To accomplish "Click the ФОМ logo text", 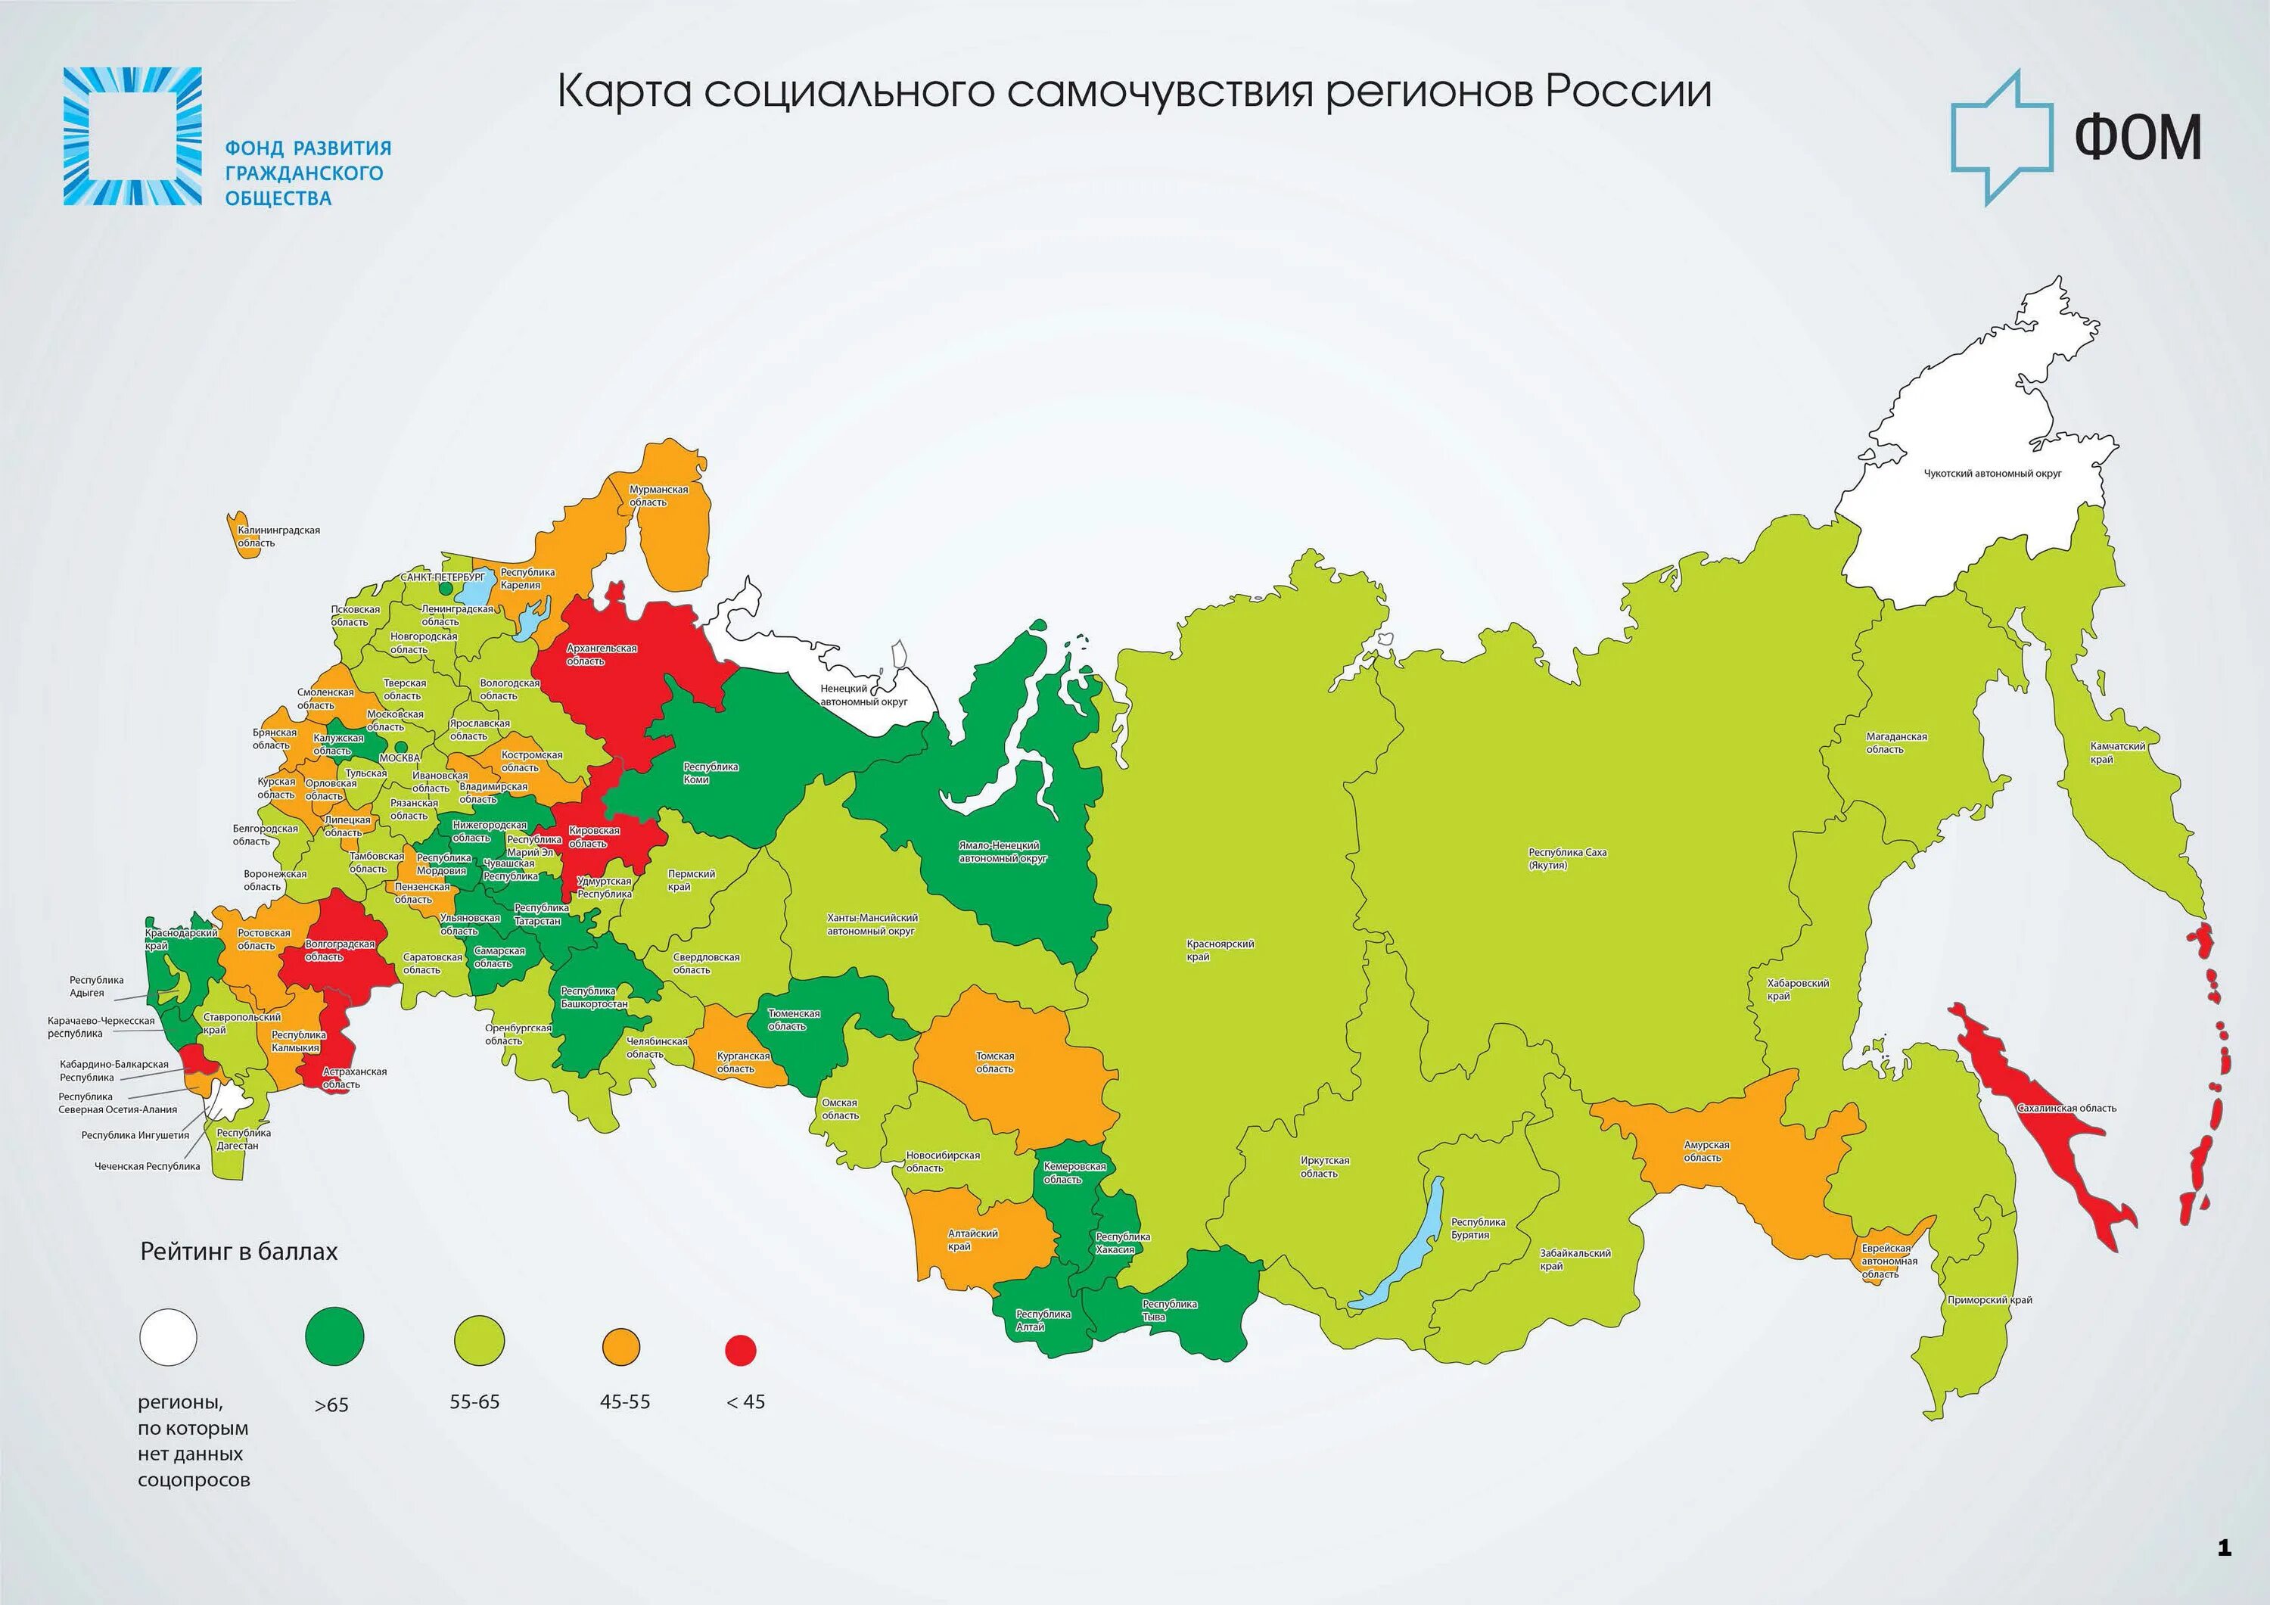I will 2137,138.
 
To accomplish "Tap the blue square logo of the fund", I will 132,136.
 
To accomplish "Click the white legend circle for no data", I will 168,1337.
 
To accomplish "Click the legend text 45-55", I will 625,1402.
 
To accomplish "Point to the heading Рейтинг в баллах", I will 239,1252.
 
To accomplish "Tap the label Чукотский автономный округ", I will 1992,474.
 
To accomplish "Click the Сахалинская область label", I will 2066,1109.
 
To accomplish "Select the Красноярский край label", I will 1220,950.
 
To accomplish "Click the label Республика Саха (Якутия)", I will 1567,858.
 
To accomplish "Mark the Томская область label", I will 994,1062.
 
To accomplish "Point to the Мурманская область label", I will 658,496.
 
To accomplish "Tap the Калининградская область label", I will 278,536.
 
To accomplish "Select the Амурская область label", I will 1706,1151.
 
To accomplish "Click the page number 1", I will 2225,1547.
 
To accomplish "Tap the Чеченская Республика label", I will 148,1166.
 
